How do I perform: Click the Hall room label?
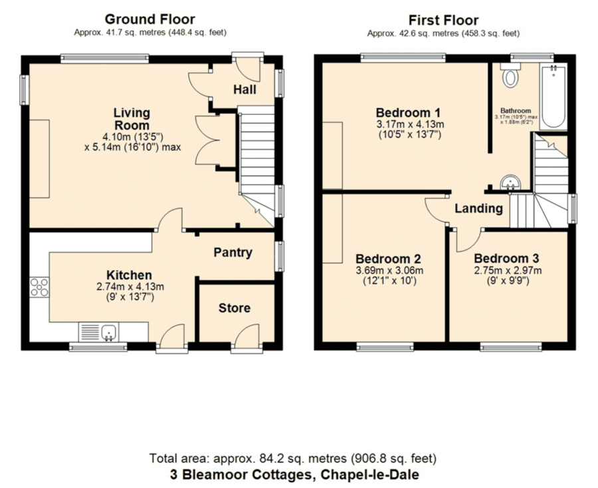pos(245,90)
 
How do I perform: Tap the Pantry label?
pos(233,253)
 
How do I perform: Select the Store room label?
pos(234,308)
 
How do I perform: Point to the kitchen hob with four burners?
pos(40,287)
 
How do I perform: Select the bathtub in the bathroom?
pos(553,96)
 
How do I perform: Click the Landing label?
pos(478,208)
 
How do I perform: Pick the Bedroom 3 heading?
pos(506,259)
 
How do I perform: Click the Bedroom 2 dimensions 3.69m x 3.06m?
pos(389,271)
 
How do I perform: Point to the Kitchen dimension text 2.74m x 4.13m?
pos(130,287)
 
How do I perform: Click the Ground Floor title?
pos(150,19)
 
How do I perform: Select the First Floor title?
pos(444,20)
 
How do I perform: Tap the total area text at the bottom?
pos(292,458)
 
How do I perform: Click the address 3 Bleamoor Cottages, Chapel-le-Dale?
pos(294,475)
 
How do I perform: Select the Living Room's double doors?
pos(208,140)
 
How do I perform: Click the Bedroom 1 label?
pos(408,112)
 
